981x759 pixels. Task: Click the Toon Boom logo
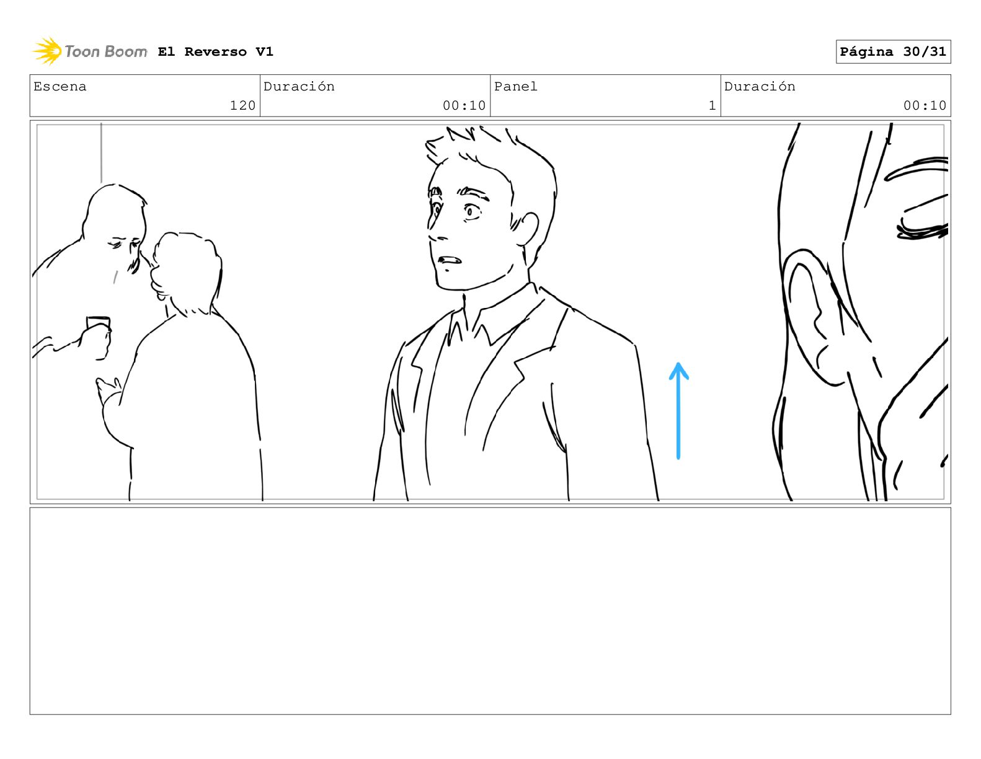[90, 51]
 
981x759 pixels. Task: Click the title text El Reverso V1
[215, 51]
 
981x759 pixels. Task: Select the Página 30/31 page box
[893, 51]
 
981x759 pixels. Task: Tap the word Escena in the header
[60, 86]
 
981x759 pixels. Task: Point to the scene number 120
[242, 105]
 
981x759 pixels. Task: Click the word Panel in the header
[515, 86]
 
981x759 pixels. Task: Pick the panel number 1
[712, 105]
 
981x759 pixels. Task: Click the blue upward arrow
[678, 411]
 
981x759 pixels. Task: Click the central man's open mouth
[450, 260]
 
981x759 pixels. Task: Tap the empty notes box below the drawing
[491, 611]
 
